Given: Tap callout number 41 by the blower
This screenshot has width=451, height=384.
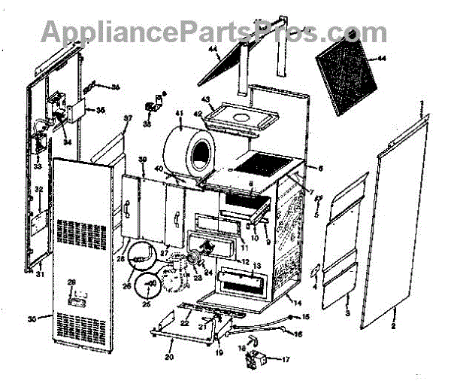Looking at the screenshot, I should pos(180,114).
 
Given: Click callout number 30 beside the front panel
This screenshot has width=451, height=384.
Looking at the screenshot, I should pos(32,319).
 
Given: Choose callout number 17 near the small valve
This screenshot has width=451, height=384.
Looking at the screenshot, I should pos(285,359).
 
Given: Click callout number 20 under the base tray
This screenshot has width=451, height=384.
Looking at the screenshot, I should pos(169,356).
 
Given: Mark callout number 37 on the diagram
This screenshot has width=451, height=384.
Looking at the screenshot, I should pos(127,119).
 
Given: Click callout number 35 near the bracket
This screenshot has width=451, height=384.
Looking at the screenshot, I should pos(100,110).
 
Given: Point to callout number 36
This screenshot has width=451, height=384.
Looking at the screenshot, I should pos(116,87).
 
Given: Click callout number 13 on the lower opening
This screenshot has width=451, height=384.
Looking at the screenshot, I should pos(256,266).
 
